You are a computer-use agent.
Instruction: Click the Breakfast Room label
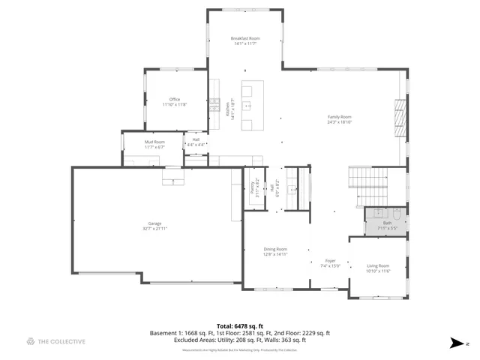pos(244,38)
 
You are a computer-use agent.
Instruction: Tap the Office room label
pos(174,99)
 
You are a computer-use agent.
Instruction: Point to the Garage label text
pos(154,223)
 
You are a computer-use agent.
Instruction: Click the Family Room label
pos(339,117)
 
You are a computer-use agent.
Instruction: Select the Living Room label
pos(378,266)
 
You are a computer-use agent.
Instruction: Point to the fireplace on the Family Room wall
pos(400,118)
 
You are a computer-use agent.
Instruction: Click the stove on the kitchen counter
pos(214,105)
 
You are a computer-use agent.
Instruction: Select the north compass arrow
pos(456,343)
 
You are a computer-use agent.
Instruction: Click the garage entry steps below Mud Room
pos(173,178)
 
